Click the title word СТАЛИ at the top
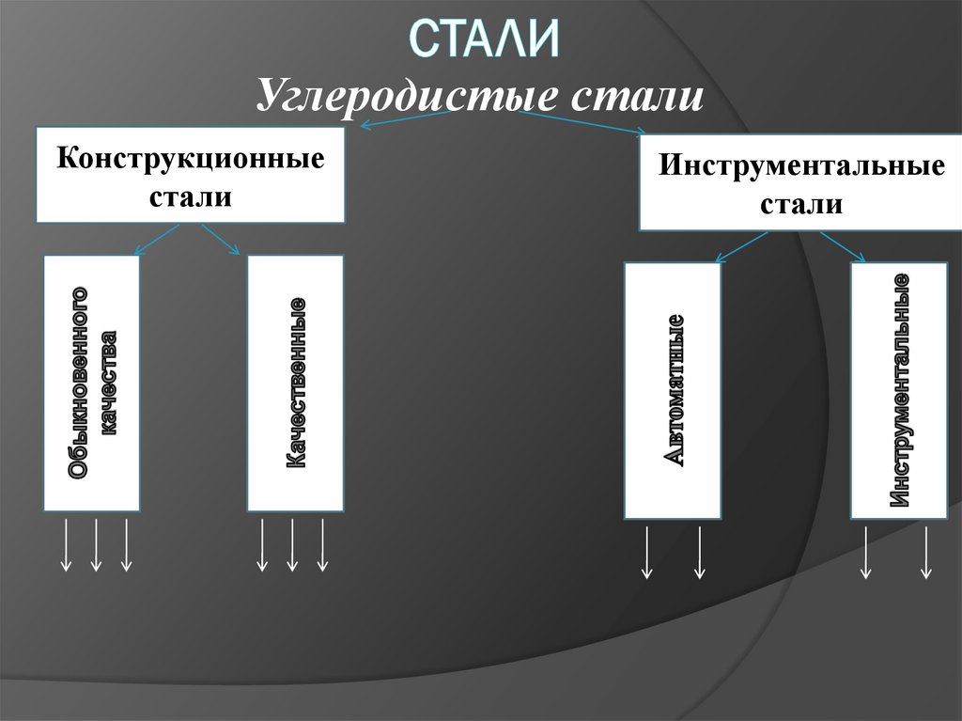click(485, 40)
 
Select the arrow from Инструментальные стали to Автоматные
click(747, 245)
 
